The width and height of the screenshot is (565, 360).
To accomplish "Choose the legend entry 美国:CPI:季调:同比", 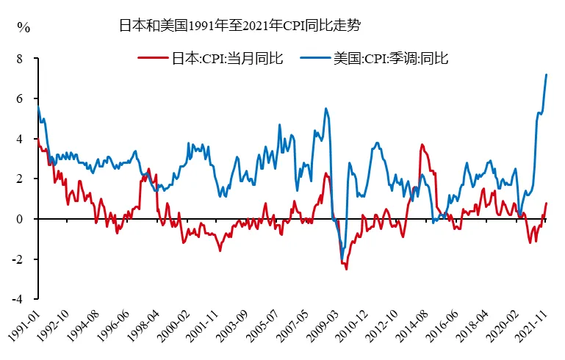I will tap(390, 58).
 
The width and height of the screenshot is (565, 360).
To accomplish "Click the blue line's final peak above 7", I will tap(546, 74).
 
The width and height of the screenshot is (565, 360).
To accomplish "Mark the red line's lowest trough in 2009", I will tap(346, 269).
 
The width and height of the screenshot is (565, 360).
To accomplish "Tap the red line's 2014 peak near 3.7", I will tap(422, 145).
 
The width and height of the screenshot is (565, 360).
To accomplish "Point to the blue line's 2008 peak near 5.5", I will tap(325, 108).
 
